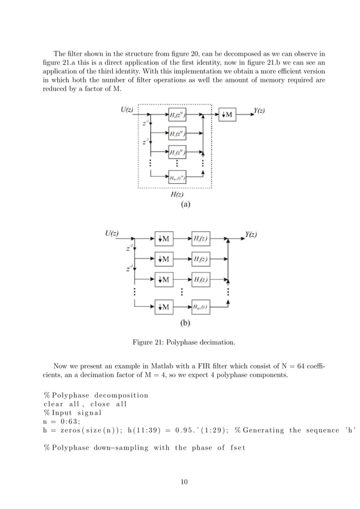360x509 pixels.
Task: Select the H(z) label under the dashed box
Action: [x=176, y=195]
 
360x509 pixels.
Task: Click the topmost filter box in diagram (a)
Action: [x=176, y=115]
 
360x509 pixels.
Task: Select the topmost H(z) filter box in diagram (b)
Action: [x=201, y=239]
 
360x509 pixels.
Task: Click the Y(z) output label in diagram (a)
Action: [x=258, y=111]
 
